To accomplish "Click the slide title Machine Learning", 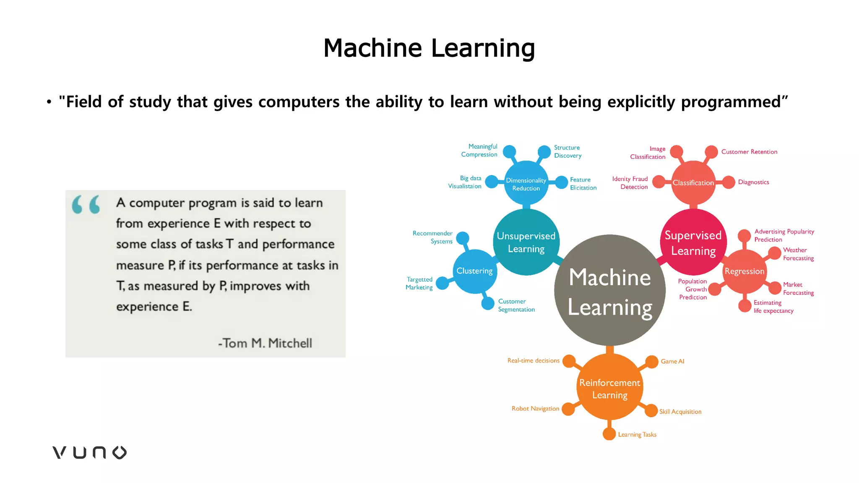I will click(429, 48).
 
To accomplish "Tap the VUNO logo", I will click(89, 452).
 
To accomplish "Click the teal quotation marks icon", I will click(86, 204).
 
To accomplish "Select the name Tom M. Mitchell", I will click(265, 343).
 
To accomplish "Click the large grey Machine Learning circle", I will click(610, 290).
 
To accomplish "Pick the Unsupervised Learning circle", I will click(526, 242).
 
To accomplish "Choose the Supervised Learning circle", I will click(693, 242).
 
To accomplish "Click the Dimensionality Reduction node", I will click(526, 184).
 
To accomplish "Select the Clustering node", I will click(474, 271).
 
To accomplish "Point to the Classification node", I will click(693, 183).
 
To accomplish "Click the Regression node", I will click(744, 271).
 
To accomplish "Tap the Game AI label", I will click(672, 361).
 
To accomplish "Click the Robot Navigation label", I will click(535, 408).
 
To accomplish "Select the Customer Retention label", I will click(749, 152).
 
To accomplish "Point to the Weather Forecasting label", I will click(798, 254).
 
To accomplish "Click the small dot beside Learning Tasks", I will click(609, 434).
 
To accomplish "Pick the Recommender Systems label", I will click(433, 237).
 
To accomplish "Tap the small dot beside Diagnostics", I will click(729, 182).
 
